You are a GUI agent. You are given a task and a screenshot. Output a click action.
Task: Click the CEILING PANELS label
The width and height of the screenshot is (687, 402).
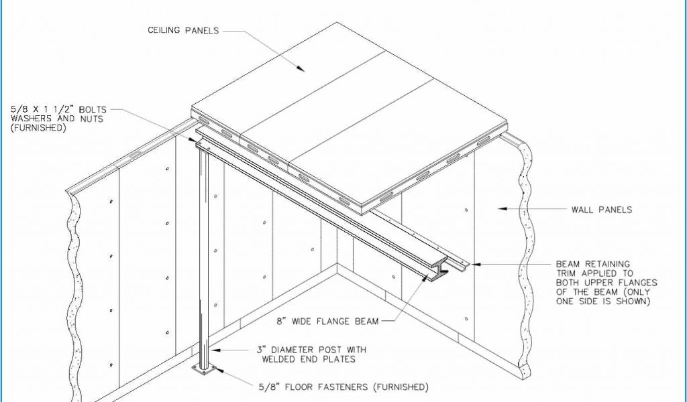point(183,30)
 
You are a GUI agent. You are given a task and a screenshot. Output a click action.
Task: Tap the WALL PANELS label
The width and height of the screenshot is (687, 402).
point(602,210)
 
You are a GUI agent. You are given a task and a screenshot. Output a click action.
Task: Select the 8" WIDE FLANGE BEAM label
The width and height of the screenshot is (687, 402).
point(327,322)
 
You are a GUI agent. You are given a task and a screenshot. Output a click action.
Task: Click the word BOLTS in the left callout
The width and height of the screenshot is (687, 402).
point(93,109)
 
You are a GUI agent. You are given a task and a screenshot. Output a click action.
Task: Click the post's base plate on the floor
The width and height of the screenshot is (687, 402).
point(204,370)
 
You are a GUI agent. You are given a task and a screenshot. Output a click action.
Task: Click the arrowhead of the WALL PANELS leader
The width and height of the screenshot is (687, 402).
point(502,208)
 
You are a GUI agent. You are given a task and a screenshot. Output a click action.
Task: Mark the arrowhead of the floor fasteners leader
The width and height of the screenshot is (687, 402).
point(219,371)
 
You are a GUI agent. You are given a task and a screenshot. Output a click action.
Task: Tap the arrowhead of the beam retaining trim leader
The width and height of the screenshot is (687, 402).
point(475,264)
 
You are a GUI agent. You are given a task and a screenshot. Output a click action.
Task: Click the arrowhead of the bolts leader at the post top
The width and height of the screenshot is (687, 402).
point(193,139)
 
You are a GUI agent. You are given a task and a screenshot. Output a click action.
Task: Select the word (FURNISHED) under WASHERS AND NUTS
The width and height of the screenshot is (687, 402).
point(38,128)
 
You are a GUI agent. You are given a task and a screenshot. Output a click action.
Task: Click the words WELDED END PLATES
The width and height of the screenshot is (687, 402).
point(309,360)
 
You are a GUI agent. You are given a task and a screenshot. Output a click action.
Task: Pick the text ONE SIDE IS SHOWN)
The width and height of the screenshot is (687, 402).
point(603,301)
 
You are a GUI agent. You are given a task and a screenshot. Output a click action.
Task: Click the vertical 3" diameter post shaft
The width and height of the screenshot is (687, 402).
point(204,258)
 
